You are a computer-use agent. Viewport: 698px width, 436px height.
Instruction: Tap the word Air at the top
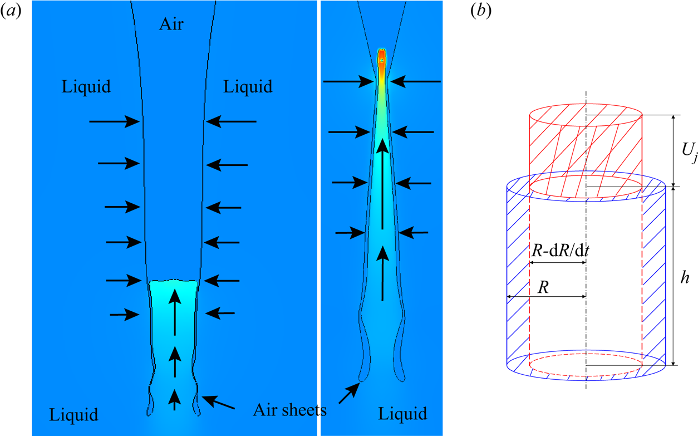click(x=171, y=24)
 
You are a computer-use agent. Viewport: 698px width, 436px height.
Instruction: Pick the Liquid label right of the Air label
click(x=248, y=86)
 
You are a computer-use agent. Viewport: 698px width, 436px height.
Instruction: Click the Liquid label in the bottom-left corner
click(x=73, y=415)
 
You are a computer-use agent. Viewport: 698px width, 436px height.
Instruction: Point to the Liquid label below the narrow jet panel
click(x=403, y=414)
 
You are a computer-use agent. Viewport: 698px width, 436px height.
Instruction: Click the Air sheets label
click(x=289, y=410)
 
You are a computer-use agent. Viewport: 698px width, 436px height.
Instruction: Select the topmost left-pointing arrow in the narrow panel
click(x=421, y=82)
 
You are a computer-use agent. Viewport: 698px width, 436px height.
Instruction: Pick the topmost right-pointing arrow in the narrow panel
click(x=348, y=82)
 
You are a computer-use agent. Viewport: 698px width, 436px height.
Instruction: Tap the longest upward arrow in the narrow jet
click(x=382, y=184)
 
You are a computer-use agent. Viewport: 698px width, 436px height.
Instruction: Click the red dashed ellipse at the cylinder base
click(x=586, y=365)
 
